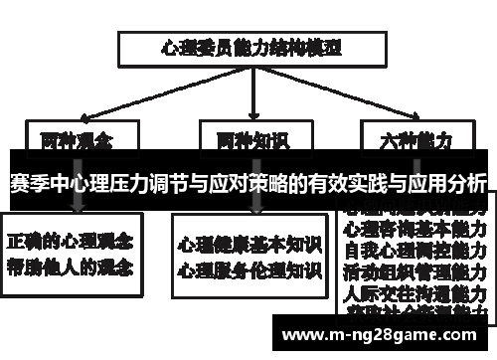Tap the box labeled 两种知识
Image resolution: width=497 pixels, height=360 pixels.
[248, 139]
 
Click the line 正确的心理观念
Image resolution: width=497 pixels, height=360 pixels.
[73, 242]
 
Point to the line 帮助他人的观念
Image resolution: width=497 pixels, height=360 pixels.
[73, 267]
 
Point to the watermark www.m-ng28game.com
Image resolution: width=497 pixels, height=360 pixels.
[384, 335]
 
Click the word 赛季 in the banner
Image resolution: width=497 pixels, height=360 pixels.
[30, 183]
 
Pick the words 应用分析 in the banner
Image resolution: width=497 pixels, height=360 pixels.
[446, 183]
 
